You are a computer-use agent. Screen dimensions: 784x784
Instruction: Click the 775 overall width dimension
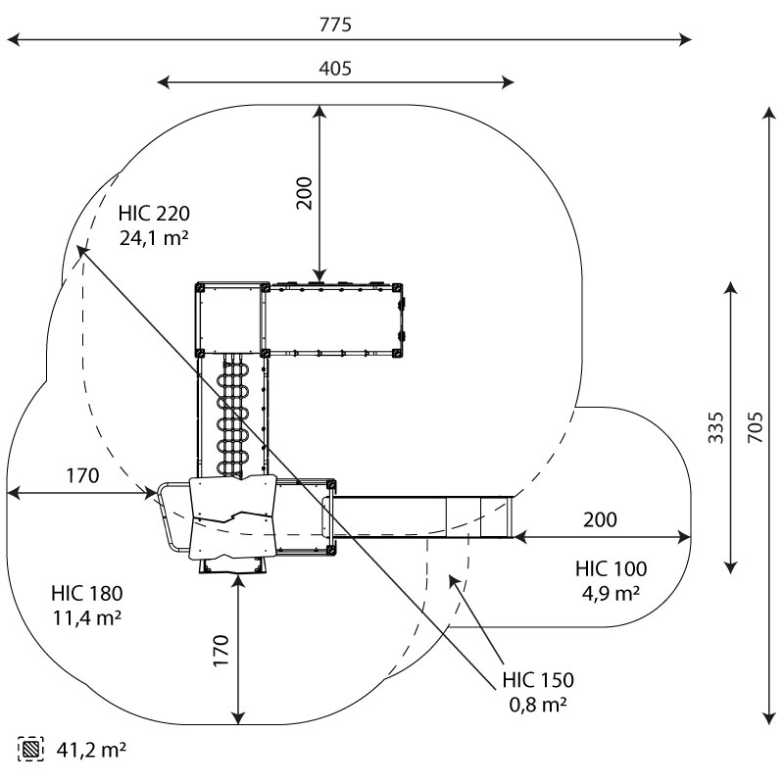(335, 24)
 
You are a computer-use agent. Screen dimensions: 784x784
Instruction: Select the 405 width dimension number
(335, 69)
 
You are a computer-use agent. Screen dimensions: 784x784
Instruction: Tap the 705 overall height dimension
(755, 427)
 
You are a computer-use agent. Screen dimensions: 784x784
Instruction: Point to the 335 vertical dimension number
(715, 427)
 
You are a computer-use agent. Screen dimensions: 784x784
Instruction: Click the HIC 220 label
(154, 214)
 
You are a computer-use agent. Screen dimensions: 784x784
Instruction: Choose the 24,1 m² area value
(154, 238)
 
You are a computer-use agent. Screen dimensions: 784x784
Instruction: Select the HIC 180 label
(87, 594)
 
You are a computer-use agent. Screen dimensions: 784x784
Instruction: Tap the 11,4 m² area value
(87, 618)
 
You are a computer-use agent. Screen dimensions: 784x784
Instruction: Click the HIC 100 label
(611, 569)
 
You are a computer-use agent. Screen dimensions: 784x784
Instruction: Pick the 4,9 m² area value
(611, 594)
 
